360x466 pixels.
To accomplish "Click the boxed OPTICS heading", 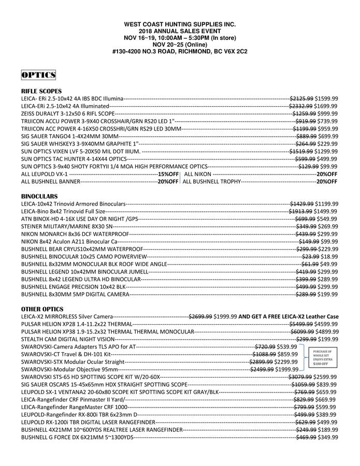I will tap(38, 76).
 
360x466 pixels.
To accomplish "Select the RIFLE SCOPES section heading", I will tap(41, 91).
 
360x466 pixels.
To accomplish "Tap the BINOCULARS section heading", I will tap(39, 197).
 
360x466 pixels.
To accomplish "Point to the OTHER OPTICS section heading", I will tap(42, 309).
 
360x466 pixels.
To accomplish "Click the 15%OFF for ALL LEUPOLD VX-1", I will tap(168, 174).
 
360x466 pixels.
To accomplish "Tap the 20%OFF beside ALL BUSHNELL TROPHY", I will tap(327, 182).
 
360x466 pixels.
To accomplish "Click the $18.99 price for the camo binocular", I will tap(330, 256).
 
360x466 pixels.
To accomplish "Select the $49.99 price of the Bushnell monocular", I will tap(330, 264).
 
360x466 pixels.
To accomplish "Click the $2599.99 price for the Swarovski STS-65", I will tap(327, 377).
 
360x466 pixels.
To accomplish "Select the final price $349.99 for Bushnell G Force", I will tap(328, 438).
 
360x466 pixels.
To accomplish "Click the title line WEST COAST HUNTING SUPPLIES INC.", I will tap(180, 24).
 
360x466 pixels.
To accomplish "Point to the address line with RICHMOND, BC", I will tap(180, 52).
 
